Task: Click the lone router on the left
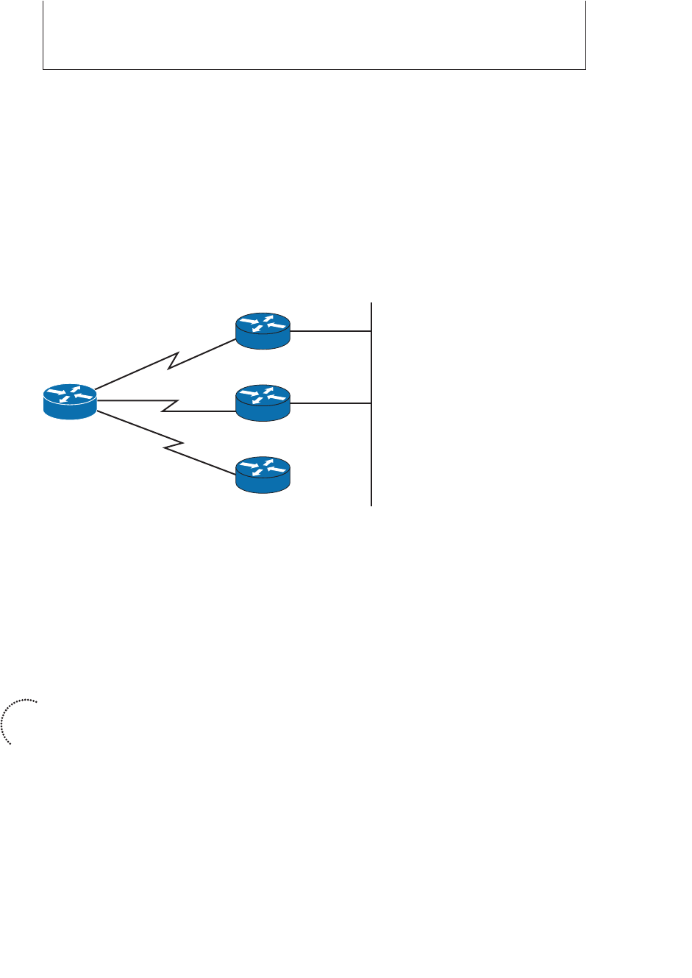click(70, 402)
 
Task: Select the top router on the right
click(263, 330)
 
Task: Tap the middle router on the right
click(263, 403)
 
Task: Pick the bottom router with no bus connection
click(263, 475)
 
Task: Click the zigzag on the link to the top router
click(174, 361)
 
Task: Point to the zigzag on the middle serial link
click(170, 405)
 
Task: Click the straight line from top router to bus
click(331, 331)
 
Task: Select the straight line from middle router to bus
click(331, 403)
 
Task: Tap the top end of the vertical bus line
click(372, 304)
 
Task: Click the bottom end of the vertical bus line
click(372, 504)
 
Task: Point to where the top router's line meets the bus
click(372, 331)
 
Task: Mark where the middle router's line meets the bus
click(372, 403)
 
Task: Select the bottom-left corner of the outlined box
click(43, 69)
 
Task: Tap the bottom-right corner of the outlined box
click(585, 69)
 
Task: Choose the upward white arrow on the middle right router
click(268, 390)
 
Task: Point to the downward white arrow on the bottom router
click(257, 472)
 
